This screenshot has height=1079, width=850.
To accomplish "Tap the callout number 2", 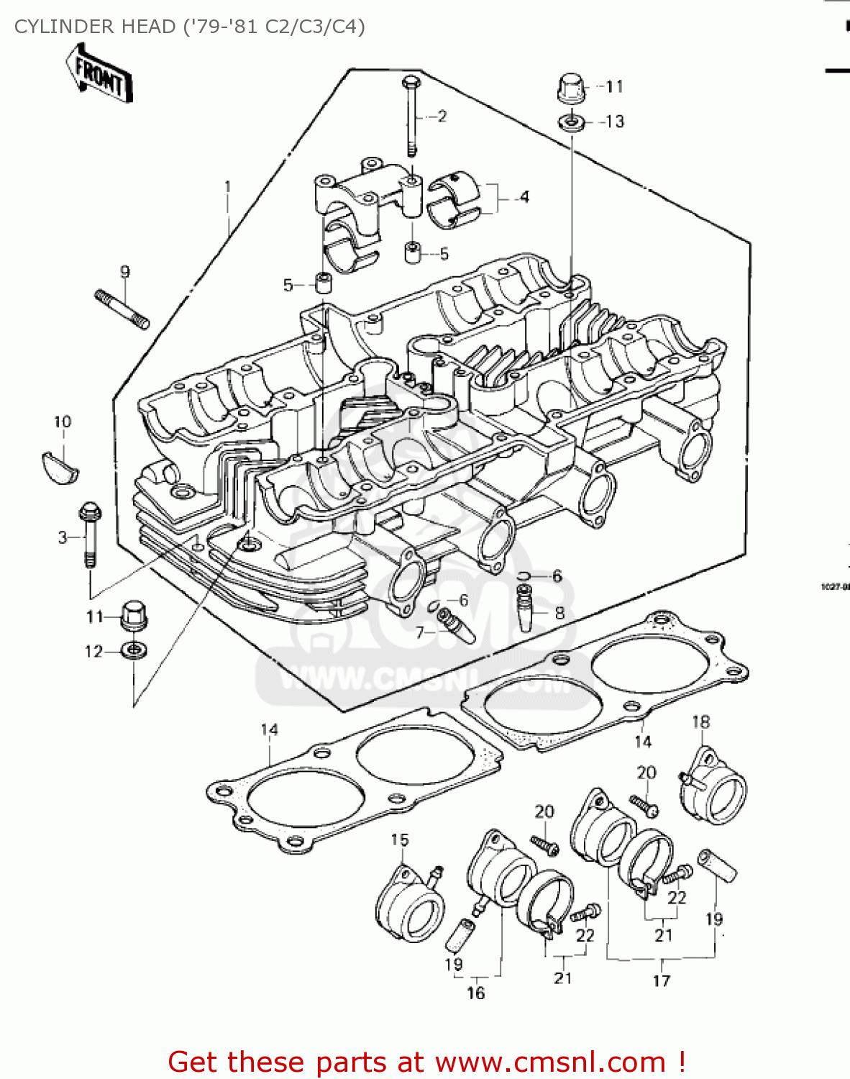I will [x=442, y=116].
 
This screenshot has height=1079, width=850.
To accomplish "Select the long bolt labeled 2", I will [x=409, y=115].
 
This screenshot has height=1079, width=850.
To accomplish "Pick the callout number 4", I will [x=524, y=196].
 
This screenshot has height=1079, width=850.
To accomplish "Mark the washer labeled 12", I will [x=134, y=651].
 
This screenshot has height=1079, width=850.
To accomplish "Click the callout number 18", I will [x=700, y=721].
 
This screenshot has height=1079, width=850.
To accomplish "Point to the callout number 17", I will [x=661, y=980].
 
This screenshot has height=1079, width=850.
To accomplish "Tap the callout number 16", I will [x=475, y=993].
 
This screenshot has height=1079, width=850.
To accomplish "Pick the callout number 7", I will [x=420, y=632].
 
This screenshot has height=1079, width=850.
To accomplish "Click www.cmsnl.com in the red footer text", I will [x=550, y=1062].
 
